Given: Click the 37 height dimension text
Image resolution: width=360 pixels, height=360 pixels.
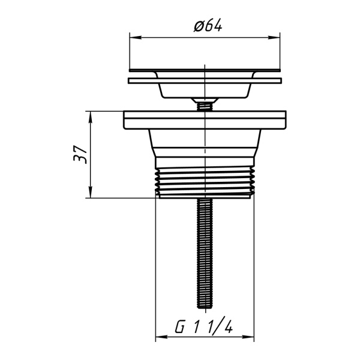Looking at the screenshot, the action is (80, 154).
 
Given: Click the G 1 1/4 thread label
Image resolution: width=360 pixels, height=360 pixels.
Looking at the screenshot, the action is (204, 327).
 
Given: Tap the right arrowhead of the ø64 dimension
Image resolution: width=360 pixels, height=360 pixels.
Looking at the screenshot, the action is (274, 38).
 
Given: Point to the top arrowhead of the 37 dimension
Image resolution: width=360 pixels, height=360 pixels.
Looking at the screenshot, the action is (91, 117).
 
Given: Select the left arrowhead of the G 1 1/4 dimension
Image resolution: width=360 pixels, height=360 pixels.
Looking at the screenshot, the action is (161, 337).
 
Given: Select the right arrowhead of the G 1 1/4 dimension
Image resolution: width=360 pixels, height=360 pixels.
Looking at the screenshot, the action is (248, 337).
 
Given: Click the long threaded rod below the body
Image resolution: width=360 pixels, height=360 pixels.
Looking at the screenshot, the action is (205, 253).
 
